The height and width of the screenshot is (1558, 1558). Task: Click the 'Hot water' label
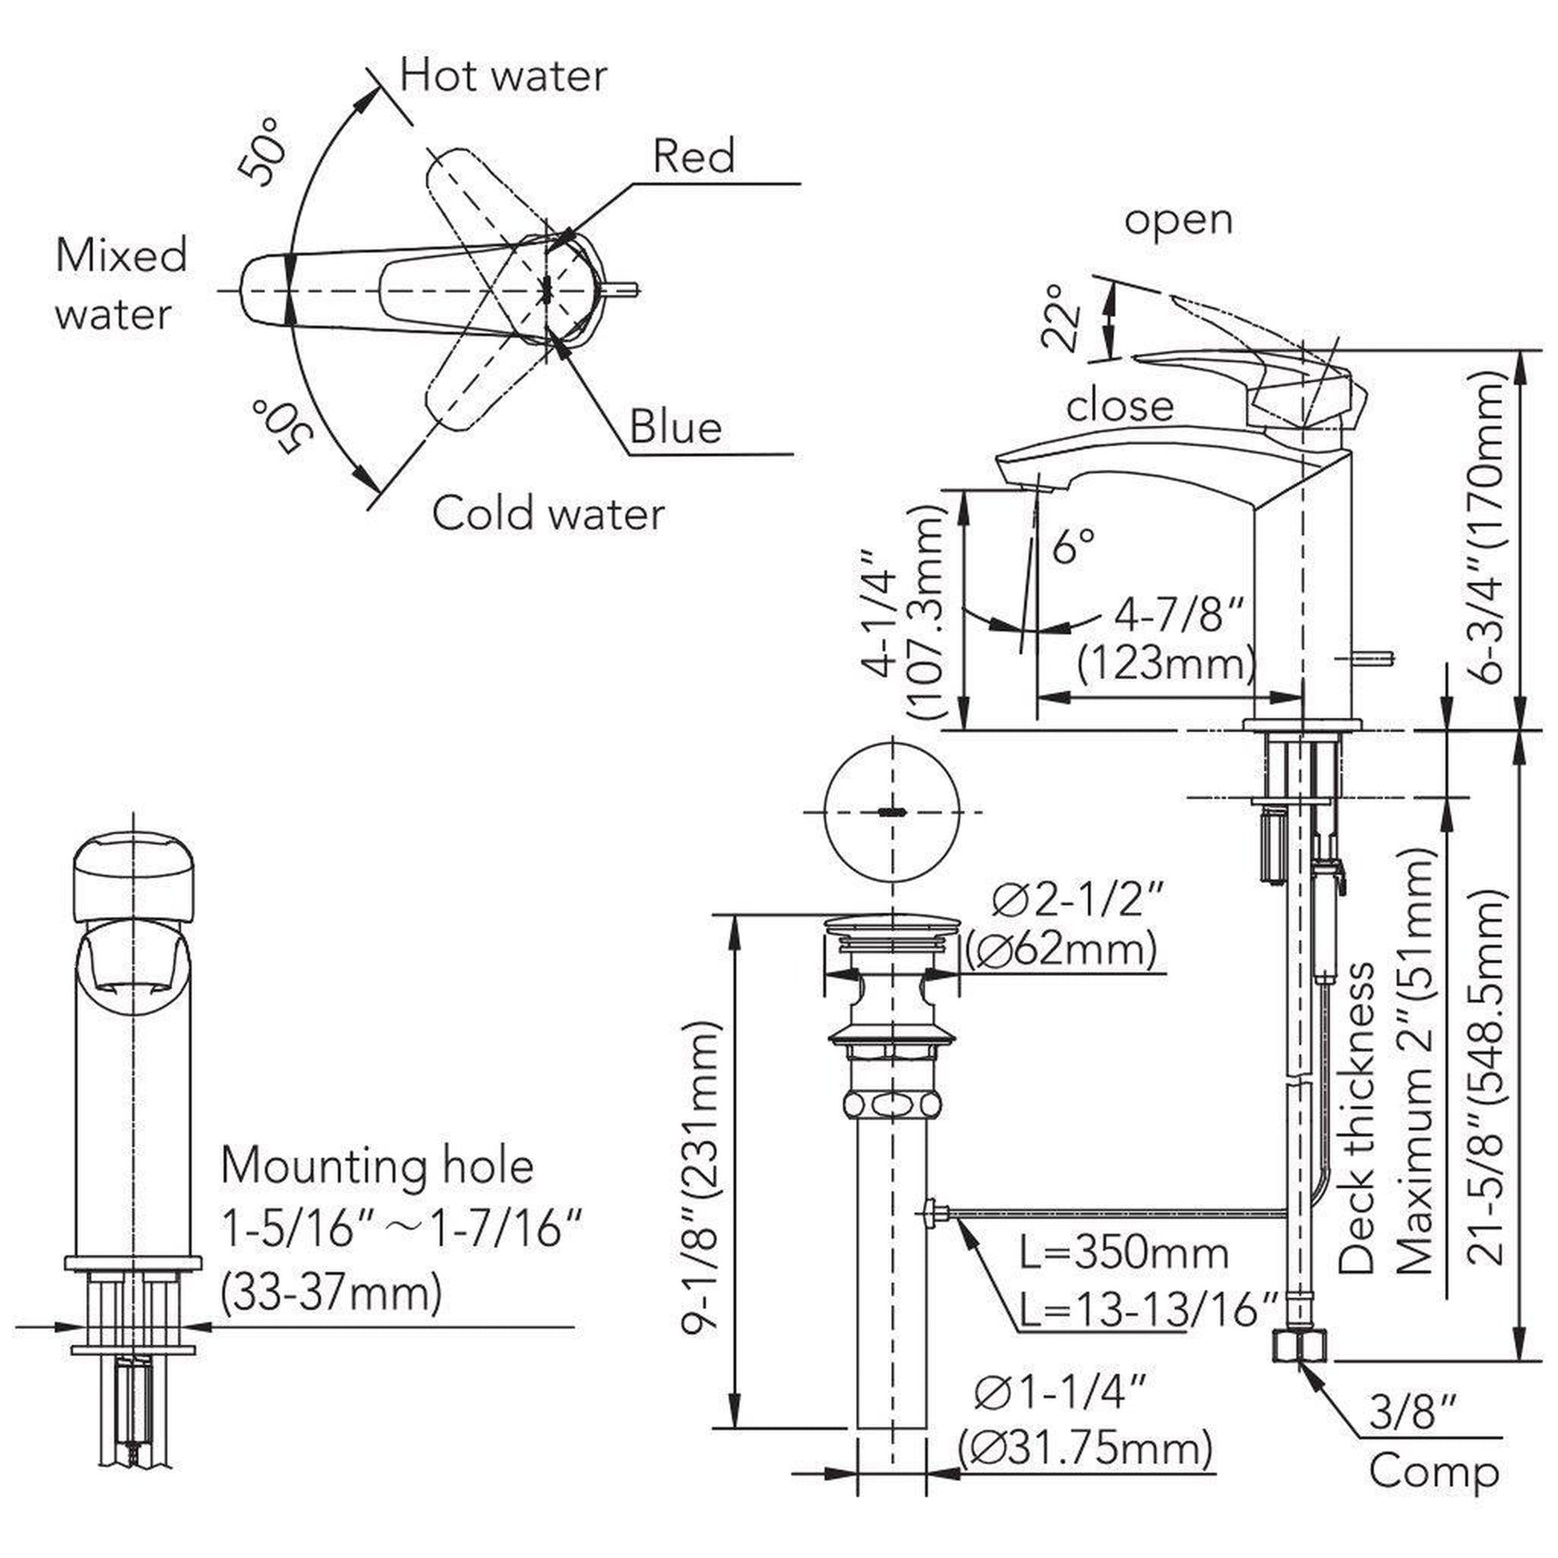click(504, 77)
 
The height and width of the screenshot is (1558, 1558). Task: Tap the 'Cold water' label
click(548, 513)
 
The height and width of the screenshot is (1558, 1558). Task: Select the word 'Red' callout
click(693, 155)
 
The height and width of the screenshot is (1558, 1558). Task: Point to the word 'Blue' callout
click(675, 428)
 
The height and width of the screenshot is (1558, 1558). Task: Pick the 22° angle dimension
click(1060, 317)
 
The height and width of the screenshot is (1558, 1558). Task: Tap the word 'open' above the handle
click(1179, 219)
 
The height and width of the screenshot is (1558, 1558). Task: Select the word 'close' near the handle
click(1119, 406)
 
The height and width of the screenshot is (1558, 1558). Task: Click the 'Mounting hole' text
click(377, 1166)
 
